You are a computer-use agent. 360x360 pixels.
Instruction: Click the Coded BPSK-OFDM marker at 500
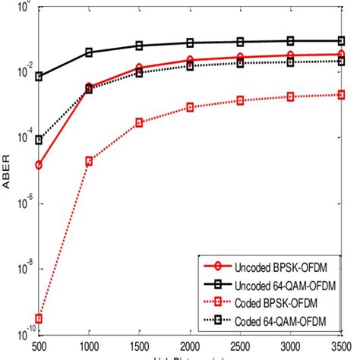click(39, 318)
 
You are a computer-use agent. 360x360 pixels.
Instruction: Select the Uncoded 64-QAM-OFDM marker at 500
click(39, 77)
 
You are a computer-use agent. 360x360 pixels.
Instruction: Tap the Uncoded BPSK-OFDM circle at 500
click(39, 165)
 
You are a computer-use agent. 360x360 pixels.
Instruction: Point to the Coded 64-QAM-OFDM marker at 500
click(39, 140)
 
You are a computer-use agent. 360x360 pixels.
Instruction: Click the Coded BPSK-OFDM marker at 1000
click(89, 161)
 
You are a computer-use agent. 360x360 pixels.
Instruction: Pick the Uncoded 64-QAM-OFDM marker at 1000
click(89, 52)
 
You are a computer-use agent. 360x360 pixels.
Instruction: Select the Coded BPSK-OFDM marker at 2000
click(190, 108)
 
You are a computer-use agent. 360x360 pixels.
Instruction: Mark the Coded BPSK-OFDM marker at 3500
click(341, 94)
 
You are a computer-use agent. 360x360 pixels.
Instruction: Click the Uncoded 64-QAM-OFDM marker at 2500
click(240, 42)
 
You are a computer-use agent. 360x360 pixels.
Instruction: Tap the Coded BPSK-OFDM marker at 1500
click(139, 122)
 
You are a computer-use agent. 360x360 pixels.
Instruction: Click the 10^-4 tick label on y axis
click(21, 137)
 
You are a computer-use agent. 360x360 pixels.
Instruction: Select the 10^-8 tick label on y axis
click(21, 267)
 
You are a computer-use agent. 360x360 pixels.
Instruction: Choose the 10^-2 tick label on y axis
click(21, 71)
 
